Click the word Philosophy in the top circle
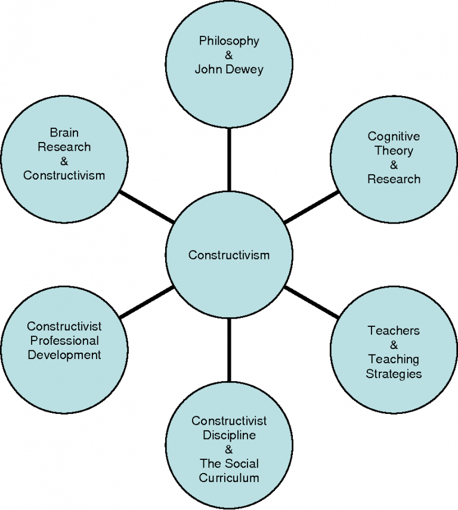(229, 41)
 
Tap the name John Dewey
(229, 69)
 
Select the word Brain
(64, 132)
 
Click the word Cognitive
(394, 137)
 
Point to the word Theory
(394, 151)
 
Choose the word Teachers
(394, 330)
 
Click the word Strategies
(394, 374)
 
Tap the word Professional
(64, 341)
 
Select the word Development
(64, 355)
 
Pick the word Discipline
(229, 435)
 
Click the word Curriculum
(229, 478)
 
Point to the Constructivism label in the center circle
(229, 255)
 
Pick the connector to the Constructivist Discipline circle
(229, 352)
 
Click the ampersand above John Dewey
(229, 55)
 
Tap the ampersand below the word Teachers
(394, 345)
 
